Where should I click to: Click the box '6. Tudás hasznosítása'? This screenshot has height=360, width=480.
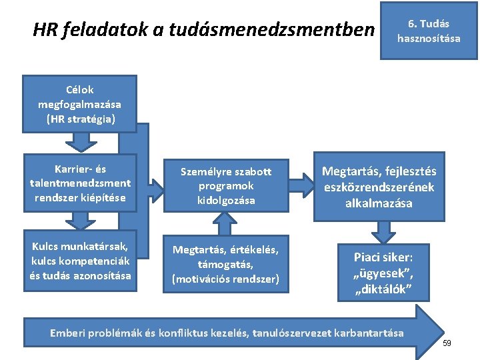429,31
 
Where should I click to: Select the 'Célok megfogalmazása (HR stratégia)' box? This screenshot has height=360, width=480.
80,105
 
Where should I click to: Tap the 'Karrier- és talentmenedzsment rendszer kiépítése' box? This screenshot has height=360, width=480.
80,183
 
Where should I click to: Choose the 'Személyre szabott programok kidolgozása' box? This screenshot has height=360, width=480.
226,183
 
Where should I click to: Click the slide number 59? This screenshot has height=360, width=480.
447,343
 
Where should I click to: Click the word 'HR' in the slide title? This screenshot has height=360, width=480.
45,30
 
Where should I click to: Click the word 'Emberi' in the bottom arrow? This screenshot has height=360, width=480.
68,332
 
